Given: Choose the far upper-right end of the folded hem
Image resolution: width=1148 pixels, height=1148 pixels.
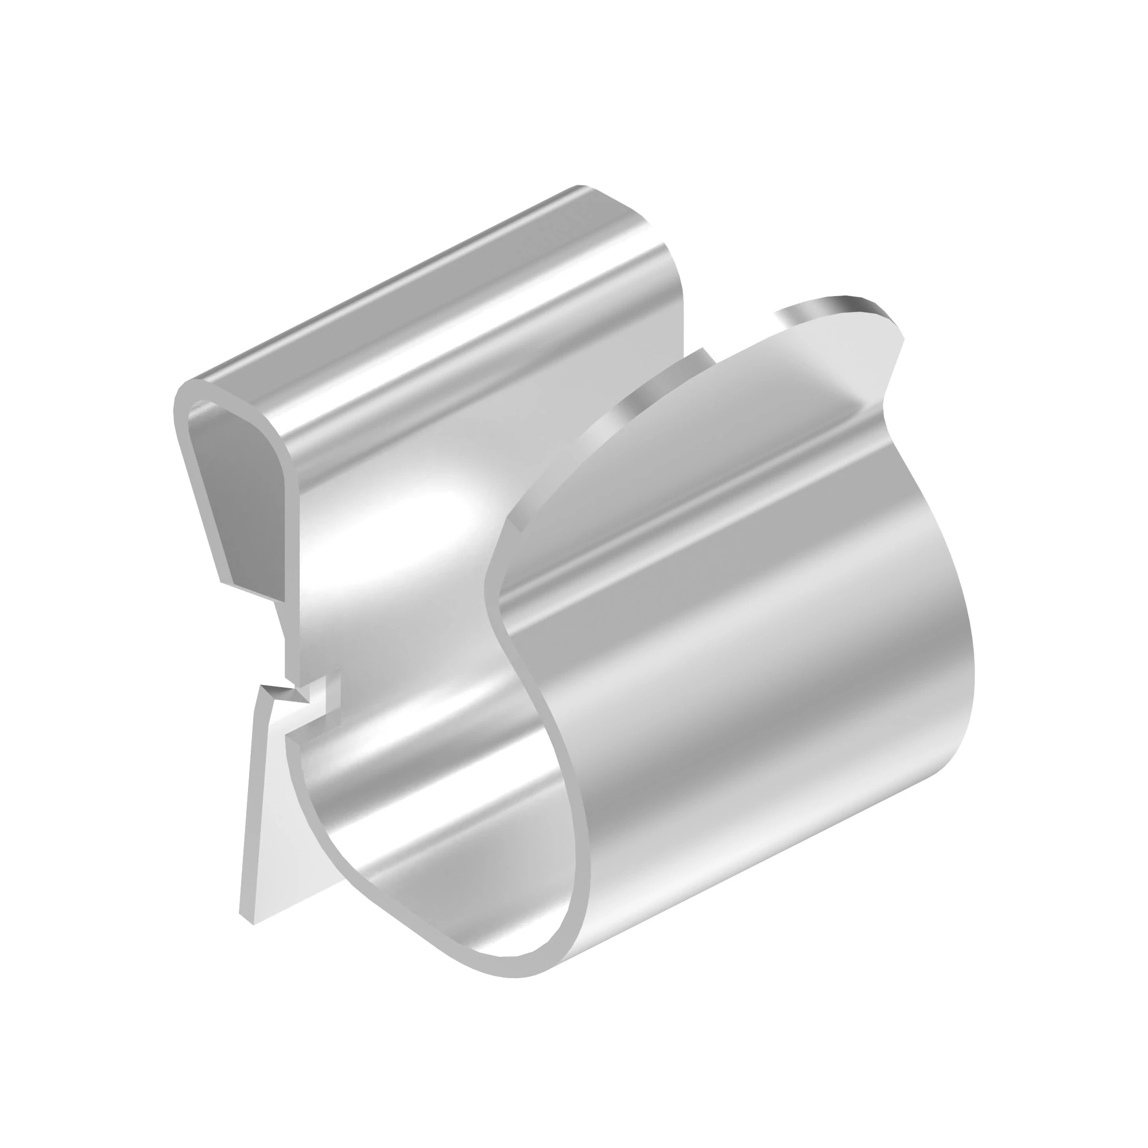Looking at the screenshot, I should pyautogui.click(x=585, y=189).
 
